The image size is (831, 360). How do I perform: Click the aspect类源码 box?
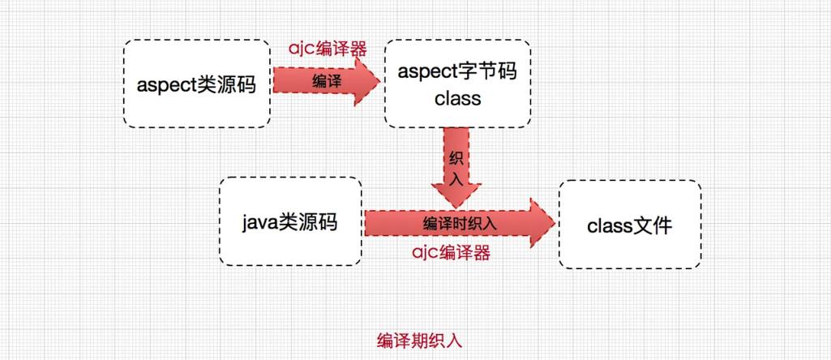pos(196,83)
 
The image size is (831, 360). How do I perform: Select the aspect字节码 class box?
pos(457,84)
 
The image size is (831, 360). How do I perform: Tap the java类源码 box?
pos(290,221)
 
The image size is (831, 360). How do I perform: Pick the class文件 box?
pos(629,225)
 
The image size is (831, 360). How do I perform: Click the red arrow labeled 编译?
pos(324,81)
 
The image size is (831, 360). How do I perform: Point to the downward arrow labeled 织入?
pos(456,166)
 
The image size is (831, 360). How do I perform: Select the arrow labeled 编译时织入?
pos(459,221)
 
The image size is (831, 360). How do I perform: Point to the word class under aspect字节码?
pos(457,99)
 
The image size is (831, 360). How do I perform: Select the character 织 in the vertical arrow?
pos(456,156)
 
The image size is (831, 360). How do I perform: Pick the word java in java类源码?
pos(261,221)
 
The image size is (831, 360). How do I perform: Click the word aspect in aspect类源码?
pos(166,84)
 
